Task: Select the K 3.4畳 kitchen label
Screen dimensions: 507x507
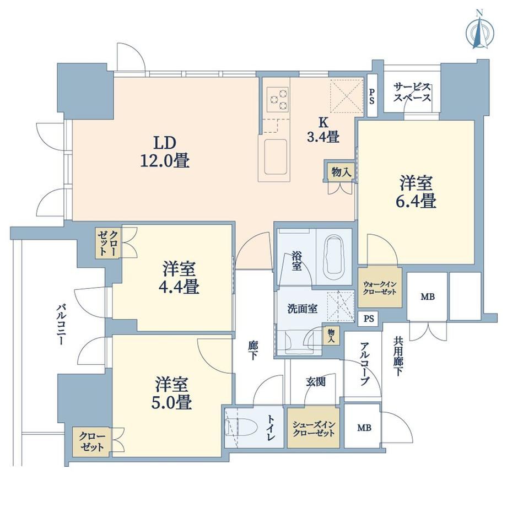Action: point(323,130)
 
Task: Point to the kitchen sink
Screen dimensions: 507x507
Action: point(276,157)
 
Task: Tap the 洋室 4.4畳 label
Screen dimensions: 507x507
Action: point(179,278)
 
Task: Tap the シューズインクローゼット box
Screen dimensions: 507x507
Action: point(314,428)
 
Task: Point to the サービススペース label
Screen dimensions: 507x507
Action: point(412,93)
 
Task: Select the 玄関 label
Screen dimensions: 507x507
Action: point(315,382)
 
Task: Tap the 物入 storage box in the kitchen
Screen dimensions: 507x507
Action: point(341,171)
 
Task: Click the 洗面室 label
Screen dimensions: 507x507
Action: point(303,309)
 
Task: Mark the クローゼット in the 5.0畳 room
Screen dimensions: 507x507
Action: point(92,441)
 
